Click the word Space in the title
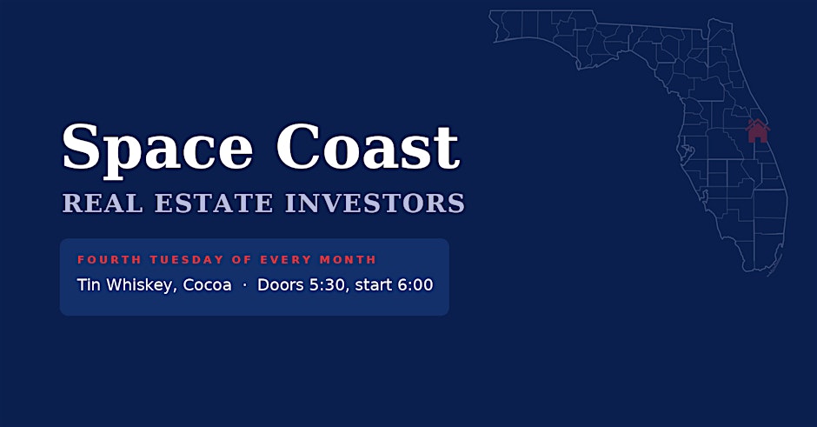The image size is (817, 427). pos(157,150)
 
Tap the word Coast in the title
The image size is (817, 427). pos(368,146)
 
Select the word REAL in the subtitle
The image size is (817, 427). pos(103,203)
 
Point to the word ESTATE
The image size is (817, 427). pos(214,203)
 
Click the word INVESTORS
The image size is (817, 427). pos(375,203)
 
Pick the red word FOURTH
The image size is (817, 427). pos(110,260)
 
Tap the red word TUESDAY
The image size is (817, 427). pos(187,260)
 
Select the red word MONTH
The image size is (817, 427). pos(348,260)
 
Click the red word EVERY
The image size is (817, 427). pos(286,260)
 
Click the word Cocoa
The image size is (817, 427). pos(207,285)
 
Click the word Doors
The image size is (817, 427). pos(281,285)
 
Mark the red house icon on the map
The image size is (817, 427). pos(758,131)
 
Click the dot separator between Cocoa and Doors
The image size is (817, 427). pos(244,286)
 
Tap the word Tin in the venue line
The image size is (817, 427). pos(89,285)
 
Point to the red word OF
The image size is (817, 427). pos(242,260)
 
